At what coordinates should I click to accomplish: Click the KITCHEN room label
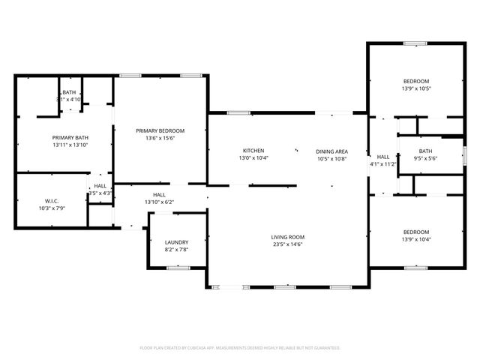253,151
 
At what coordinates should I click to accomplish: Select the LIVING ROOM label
288,237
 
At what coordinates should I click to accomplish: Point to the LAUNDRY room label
176,241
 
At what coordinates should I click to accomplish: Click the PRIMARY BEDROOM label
160,130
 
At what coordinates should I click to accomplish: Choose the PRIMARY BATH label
70,137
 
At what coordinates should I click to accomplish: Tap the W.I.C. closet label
52,200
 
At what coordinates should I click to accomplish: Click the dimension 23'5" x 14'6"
288,244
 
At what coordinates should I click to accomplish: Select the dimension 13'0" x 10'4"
253,158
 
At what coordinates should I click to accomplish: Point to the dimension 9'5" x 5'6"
425,158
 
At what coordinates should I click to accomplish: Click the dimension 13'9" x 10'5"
416,88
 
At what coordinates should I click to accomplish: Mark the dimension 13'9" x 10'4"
416,238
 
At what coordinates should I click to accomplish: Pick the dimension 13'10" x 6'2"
159,202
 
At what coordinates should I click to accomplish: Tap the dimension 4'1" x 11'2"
382,163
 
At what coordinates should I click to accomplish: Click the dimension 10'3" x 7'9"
52,208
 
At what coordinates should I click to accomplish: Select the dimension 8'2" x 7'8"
176,249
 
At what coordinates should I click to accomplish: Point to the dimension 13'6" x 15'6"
160,138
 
